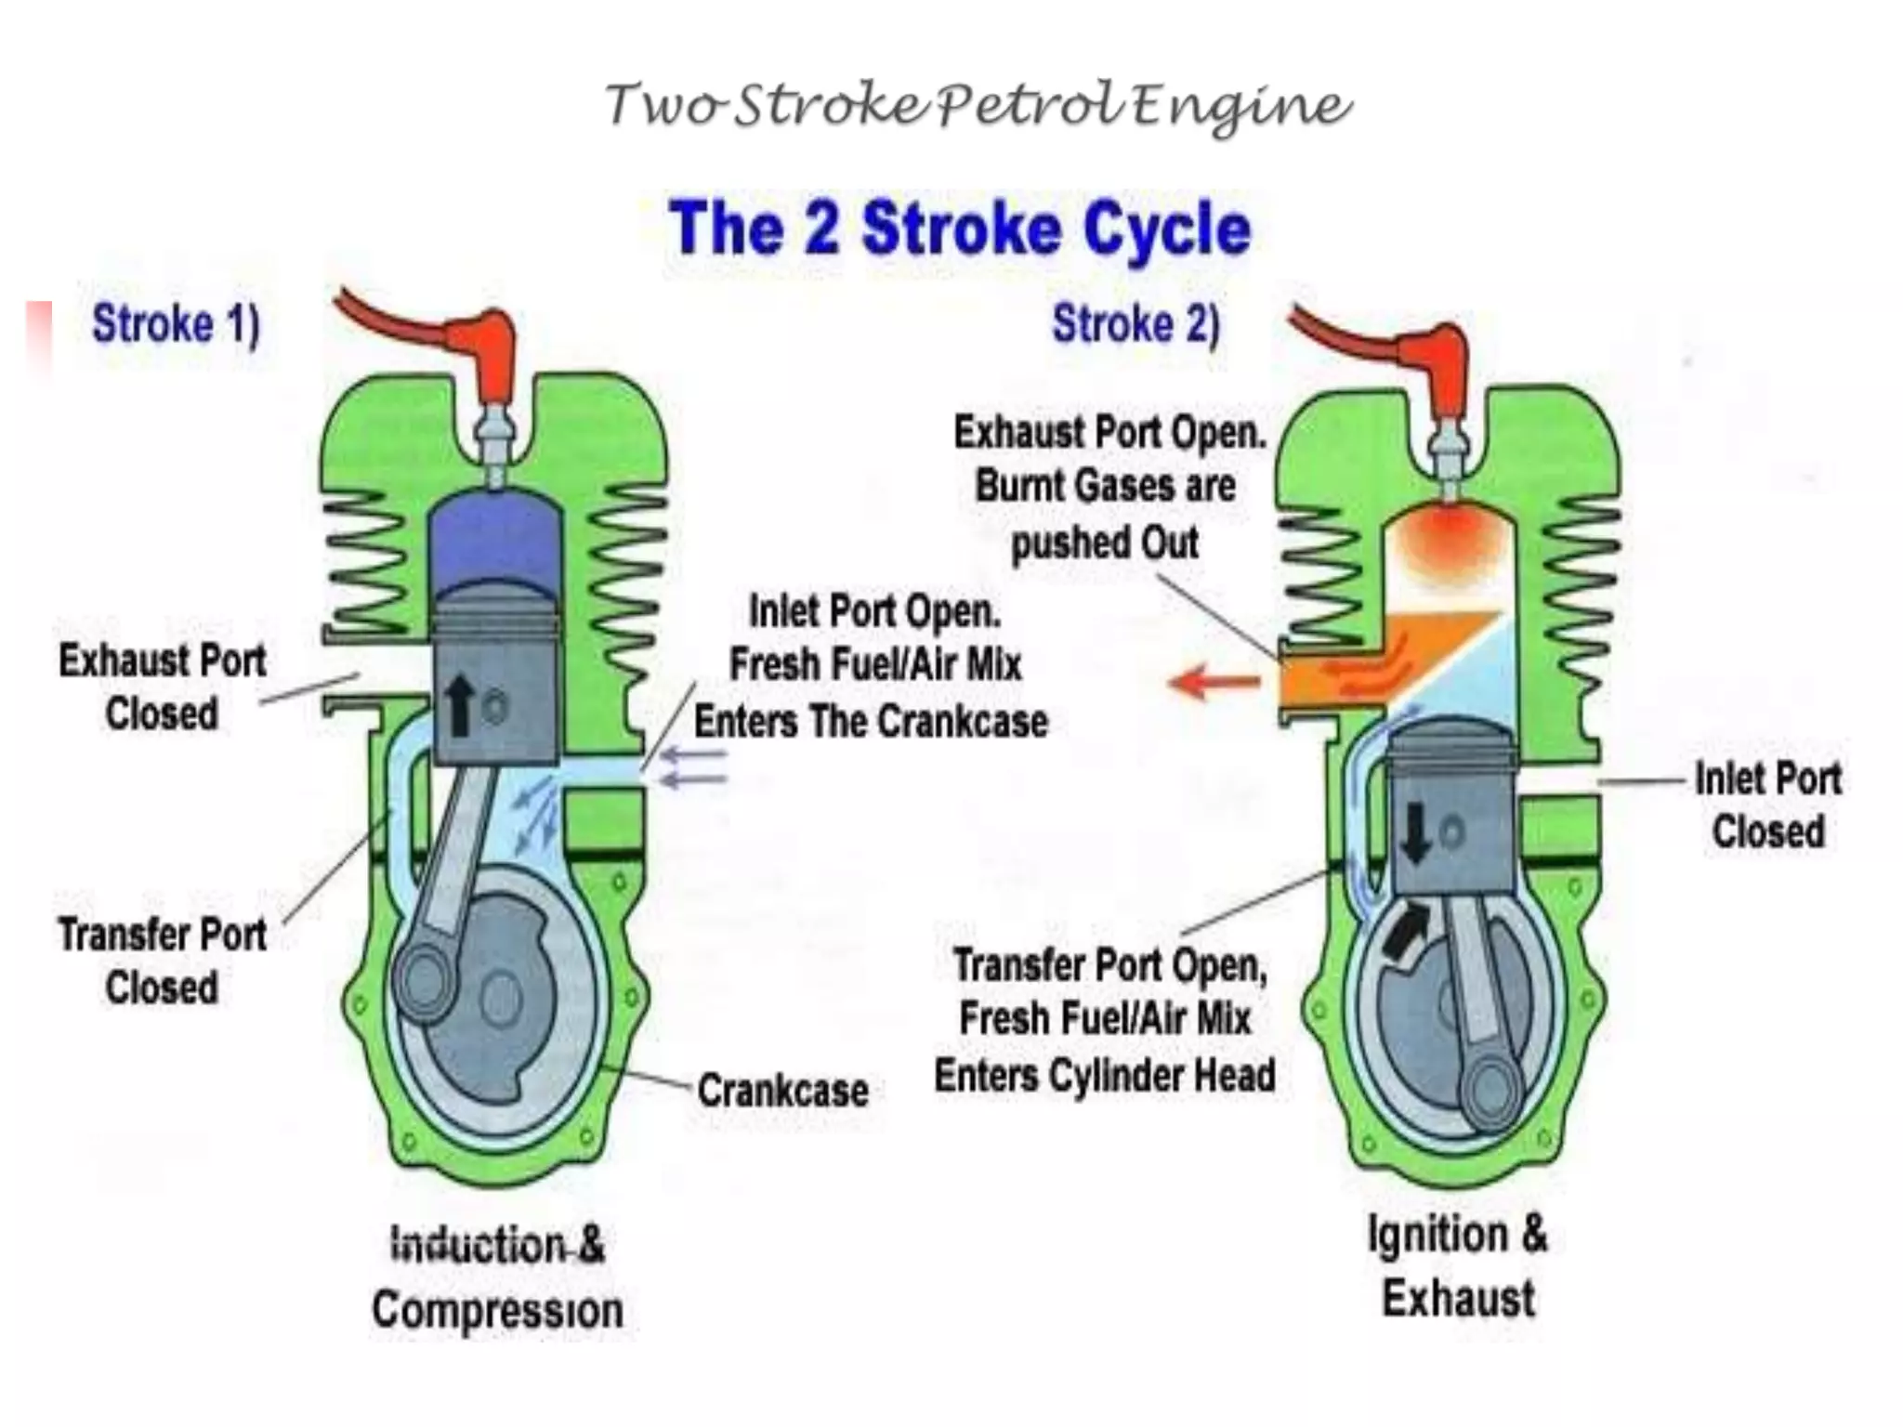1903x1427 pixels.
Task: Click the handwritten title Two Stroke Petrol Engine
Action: pyautogui.click(x=978, y=104)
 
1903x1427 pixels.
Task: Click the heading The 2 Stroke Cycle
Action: pyautogui.click(x=959, y=229)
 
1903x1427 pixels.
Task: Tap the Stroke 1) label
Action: pyautogui.click(x=176, y=325)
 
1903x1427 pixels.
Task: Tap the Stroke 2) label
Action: pyautogui.click(x=1135, y=325)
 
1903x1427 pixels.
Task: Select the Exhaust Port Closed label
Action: pyautogui.click(x=162, y=687)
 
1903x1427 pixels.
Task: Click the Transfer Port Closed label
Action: pyautogui.click(x=162, y=960)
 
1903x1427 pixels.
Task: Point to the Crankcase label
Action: pyautogui.click(x=782, y=1090)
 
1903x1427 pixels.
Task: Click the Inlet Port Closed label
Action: pyautogui.click(x=1767, y=805)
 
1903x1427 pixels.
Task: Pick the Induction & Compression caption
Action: pyautogui.click(x=497, y=1277)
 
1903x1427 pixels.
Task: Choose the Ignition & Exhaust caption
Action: pyautogui.click(x=1457, y=1266)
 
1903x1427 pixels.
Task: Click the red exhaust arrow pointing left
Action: pyautogui.click(x=1213, y=685)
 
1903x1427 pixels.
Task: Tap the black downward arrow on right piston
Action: pyautogui.click(x=1415, y=832)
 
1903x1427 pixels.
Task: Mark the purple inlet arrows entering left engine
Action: pyautogui.click(x=692, y=768)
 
